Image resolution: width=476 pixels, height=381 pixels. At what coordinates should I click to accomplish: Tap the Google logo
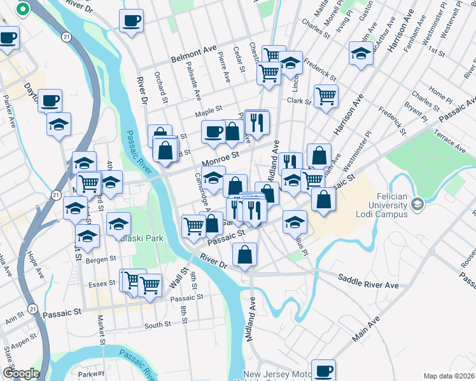21,373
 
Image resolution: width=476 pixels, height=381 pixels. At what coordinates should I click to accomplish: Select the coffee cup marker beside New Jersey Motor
323,370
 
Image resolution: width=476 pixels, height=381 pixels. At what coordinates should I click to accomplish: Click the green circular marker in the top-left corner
23,10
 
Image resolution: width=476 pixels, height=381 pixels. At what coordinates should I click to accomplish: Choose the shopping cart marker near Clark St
326,97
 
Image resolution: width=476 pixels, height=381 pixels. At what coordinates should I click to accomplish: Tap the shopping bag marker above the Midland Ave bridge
245,255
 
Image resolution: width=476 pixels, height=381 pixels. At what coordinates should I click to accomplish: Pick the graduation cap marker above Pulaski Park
118,224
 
